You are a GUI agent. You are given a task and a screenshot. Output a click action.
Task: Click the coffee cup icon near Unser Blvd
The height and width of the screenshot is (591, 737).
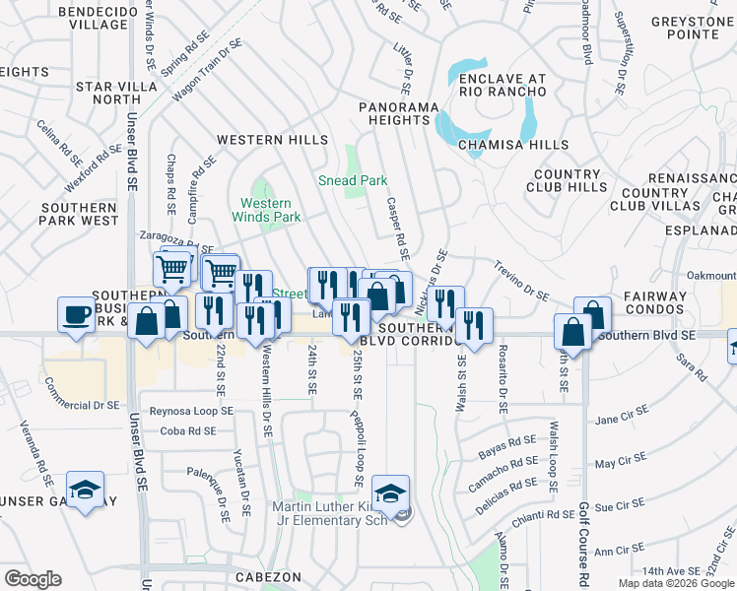tap(75, 315)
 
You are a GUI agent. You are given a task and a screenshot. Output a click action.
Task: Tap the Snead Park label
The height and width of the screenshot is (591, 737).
tap(352, 180)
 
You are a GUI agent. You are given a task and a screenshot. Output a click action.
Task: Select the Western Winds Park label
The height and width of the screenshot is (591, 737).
tap(266, 209)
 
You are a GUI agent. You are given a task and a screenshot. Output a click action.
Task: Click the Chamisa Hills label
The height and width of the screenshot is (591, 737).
tap(513, 145)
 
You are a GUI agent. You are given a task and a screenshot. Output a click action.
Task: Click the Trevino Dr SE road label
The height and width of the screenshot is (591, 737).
tap(521, 280)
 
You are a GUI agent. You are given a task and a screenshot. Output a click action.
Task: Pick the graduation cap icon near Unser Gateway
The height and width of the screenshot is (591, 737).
tap(86, 489)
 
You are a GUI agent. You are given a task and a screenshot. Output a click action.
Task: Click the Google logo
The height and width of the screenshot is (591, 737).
tap(33, 579)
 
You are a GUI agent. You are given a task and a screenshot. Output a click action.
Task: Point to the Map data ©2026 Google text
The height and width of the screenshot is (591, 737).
tap(675, 583)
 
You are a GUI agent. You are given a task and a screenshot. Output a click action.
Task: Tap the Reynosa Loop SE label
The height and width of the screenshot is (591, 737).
tap(190, 410)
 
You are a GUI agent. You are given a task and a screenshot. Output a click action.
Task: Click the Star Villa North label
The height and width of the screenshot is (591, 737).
tap(108, 93)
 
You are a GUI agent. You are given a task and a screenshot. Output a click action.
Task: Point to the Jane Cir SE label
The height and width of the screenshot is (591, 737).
tap(621, 420)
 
